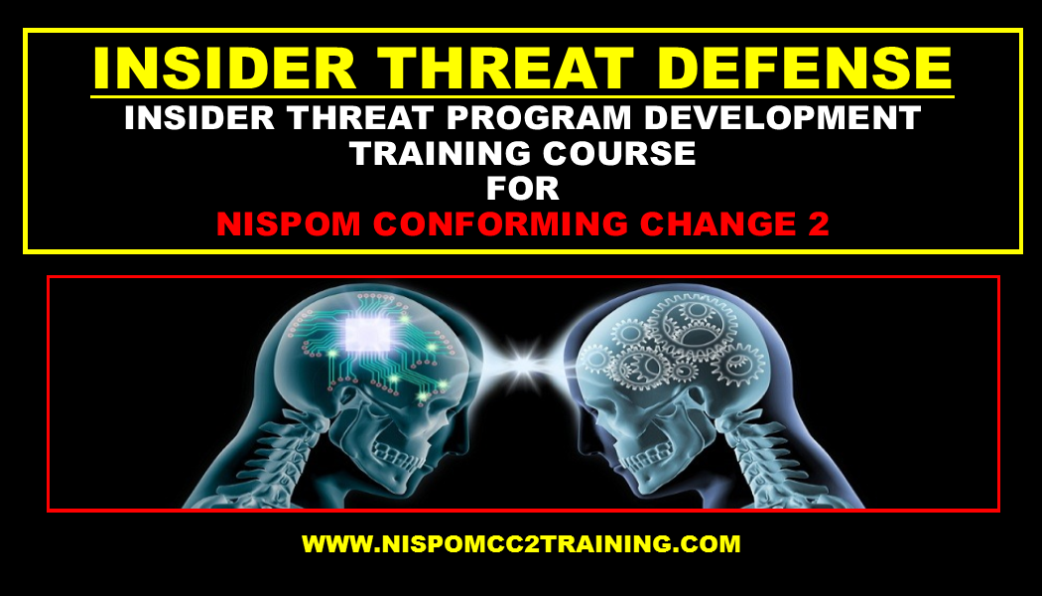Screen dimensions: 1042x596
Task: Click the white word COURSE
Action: click(619, 154)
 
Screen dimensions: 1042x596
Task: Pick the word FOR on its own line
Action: click(522, 189)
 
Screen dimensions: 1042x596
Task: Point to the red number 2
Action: click(819, 224)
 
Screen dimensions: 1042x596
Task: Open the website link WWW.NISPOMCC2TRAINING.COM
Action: click(521, 543)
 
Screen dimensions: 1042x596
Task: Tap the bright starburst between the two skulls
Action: click(522, 364)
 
